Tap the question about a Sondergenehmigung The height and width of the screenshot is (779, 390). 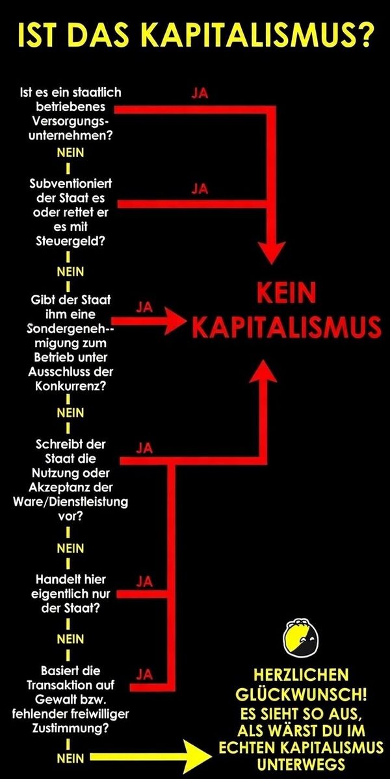pyautogui.click(x=70, y=343)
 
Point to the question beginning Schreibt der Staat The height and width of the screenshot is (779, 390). pyautogui.click(x=70, y=481)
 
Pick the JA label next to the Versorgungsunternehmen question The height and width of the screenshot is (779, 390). pyautogui.click(x=200, y=93)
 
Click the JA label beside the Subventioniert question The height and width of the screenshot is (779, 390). pyautogui.click(x=200, y=188)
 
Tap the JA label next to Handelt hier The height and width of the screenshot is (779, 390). pyautogui.click(x=144, y=580)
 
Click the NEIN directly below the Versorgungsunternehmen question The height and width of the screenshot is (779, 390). pyautogui.click(x=70, y=153)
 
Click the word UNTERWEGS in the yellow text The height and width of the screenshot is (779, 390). pyautogui.click(x=300, y=762)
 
